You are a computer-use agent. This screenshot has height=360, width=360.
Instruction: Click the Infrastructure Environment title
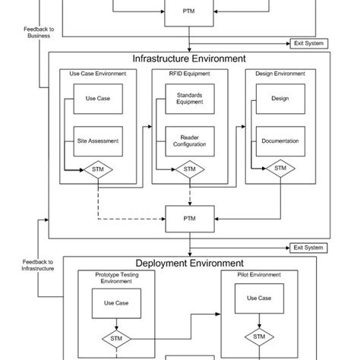pyautogui.click(x=188, y=58)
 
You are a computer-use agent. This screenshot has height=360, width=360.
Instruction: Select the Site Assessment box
pyautogui.click(x=98, y=141)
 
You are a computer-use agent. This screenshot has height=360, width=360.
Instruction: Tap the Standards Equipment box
pyautogui.click(x=189, y=99)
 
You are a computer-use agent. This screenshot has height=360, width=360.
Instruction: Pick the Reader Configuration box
pyautogui.click(x=189, y=141)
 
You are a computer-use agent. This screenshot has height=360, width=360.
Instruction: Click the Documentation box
pyautogui.click(x=279, y=141)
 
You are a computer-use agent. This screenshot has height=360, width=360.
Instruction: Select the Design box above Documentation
pyautogui.click(x=279, y=99)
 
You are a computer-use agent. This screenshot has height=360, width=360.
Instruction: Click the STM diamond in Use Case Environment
pyautogui.click(x=98, y=169)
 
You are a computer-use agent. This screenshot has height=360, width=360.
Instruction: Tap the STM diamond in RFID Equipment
pyautogui.click(x=189, y=169)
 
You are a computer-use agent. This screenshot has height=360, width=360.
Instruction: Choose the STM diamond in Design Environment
pyautogui.click(x=279, y=169)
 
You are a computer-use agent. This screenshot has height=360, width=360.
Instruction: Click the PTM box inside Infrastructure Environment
pyautogui.click(x=189, y=217)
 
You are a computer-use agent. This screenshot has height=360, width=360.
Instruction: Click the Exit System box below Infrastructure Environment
pyautogui.click(x=308, y=248)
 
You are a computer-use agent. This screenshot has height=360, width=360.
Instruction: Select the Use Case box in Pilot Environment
pyautogui.click(x=259, y=298)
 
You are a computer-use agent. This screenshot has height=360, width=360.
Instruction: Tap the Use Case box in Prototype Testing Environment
pyautogui.click(x=116, y=304)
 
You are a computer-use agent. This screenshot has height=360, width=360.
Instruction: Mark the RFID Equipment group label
pyautogui.click(x=189, y=74)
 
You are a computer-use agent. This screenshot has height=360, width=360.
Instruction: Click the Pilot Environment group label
pyautogui.click(x=259, y=274)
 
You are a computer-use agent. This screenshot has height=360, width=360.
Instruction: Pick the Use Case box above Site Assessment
pyautogui.click(x=98, y=99)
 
